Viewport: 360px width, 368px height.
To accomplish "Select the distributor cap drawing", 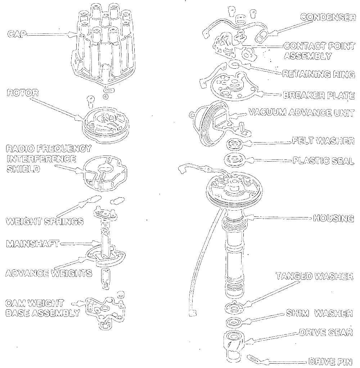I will click(103, 47).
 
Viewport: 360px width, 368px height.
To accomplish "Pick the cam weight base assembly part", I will click(105, 310).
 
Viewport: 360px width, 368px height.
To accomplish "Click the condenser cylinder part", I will click(262, 36).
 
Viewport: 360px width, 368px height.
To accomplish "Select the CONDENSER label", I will click(328, 17).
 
